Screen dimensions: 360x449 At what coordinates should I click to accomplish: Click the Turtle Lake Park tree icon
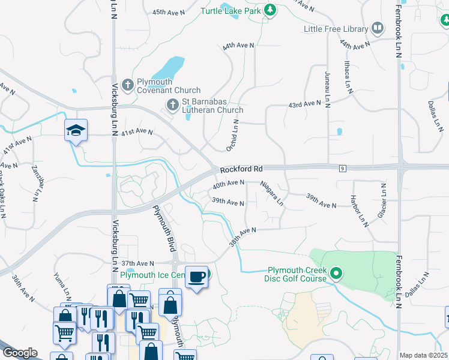pyautogui.click(x=271, y=10)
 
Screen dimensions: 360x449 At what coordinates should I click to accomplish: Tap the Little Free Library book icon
pyautogui.click(x=378, y=27)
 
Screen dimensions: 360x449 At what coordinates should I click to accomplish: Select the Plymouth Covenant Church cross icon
pyautogui.click(x=127, y=86)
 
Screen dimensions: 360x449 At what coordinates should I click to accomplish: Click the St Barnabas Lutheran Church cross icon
pyautogui.click(x=173, y=105)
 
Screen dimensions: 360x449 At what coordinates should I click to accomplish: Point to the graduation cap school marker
pyautogui.click(x=76, y=130)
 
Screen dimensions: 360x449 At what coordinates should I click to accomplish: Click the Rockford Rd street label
pyautogui.click(x=241, y=170)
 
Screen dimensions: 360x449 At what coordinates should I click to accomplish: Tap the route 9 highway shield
pyautogui.click(x=342, y=170)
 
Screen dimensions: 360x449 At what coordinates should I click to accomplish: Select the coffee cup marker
pyautogui.click(x=197, y=276)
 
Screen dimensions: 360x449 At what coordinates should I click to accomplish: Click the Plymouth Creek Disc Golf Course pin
pyautogui.click(x=336, y=274)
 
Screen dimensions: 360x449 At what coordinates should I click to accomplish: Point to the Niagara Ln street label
pyautogui.click(x=272, y=193)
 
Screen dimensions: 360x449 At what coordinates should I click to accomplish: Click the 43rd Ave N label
pyautogui.click(x=304, y=104)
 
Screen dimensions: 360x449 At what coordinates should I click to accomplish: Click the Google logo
pyautogui.click(x=20, y=353)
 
